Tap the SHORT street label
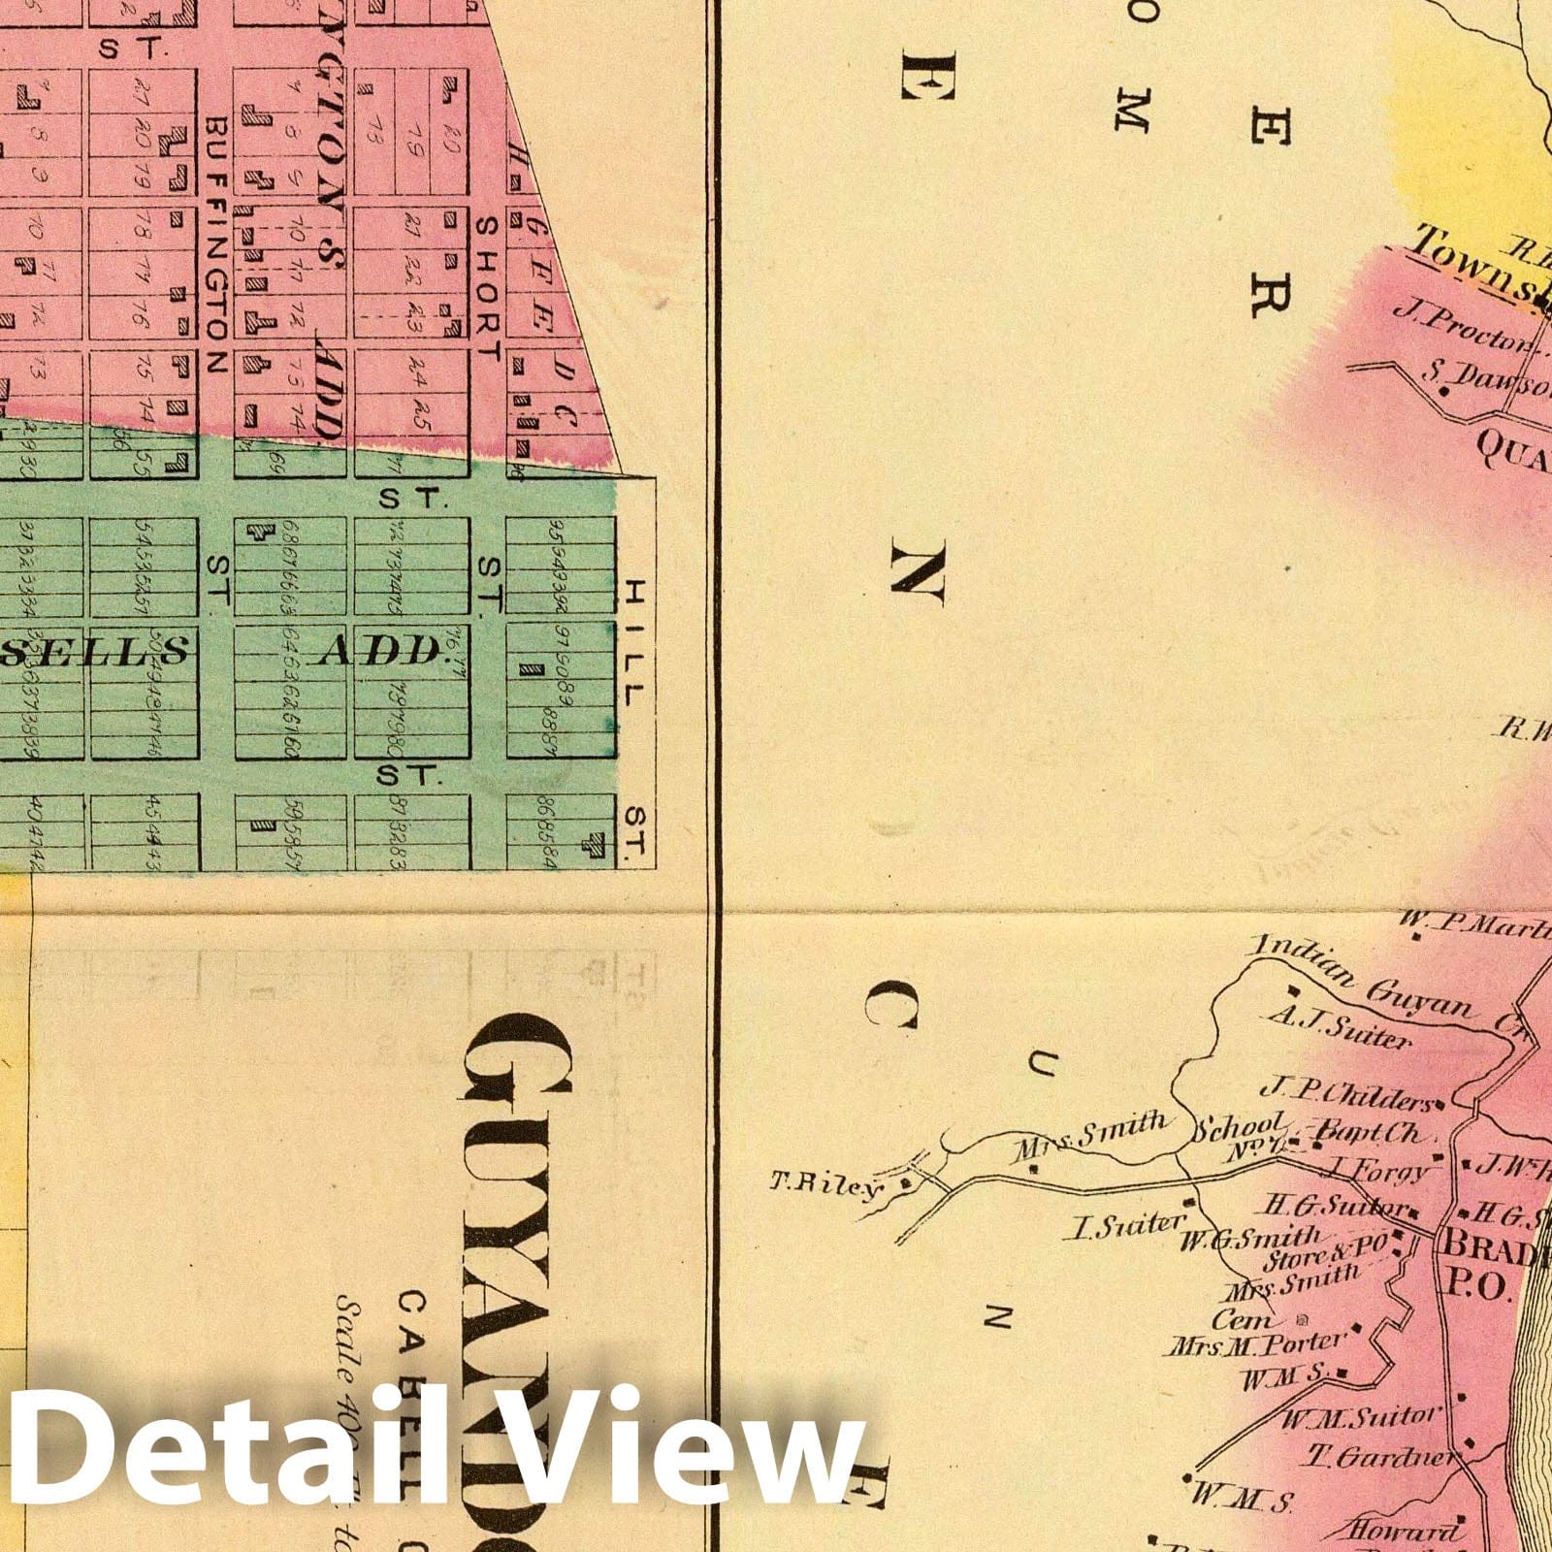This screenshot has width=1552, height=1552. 487,287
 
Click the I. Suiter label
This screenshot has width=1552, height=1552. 1125,1228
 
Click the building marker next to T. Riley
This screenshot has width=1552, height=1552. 906,1182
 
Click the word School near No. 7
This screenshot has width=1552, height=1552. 1240,1129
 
